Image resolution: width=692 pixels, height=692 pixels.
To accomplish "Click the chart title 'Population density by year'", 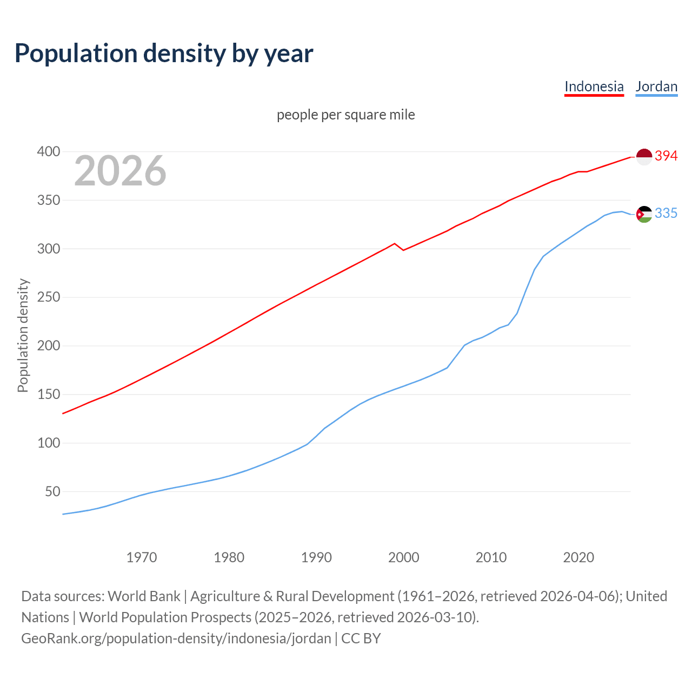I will point(164,54).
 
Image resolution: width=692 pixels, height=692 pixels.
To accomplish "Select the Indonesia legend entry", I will point(594,86).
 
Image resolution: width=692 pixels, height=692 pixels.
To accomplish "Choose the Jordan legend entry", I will point(656,86).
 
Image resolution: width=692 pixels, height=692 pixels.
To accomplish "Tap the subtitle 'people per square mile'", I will point(345,115).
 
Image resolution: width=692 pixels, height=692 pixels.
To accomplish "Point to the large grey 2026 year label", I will point(120,171).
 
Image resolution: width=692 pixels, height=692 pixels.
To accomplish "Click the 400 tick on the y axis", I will point(48,152).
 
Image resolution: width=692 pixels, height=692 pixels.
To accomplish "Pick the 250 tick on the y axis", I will point(48,297).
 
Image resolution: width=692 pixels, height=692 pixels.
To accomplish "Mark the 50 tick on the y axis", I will point(52,491).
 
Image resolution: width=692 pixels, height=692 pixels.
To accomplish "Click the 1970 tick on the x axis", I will point(142,557).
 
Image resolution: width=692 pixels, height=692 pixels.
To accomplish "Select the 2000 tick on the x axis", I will point(403,557).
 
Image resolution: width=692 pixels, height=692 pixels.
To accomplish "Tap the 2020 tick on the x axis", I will point(578,557).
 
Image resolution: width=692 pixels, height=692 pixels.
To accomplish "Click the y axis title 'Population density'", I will point(23,335).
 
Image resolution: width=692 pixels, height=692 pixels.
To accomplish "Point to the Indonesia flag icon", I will point(644,156).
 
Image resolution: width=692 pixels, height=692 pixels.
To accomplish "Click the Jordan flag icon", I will point(644,214).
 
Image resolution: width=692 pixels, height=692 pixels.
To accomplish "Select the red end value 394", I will point(666,156).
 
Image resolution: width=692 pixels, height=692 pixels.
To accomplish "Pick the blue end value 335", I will point(666,214).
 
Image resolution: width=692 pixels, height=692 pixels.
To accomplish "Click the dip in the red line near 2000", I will point(403,250).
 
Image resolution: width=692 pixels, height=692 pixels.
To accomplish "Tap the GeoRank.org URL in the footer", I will point(176,638).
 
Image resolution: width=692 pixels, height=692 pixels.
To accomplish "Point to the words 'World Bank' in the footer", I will point(144,596).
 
